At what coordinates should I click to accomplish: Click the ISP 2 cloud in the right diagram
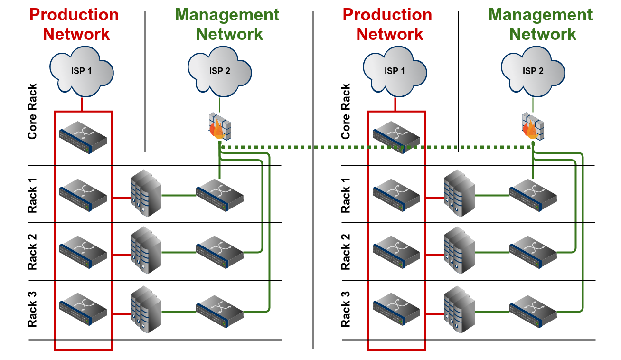(x=533, y=71)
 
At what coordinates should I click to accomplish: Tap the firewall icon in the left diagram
(x=218, y=126)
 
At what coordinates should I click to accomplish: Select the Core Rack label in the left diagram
(x=32, y=111)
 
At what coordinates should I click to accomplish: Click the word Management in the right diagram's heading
(x=540, y=15)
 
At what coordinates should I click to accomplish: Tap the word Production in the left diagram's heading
(x=74, y=15)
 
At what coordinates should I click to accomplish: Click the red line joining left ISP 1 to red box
(x=82, y=104)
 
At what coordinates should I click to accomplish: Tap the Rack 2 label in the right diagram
(x=346, y=252)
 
